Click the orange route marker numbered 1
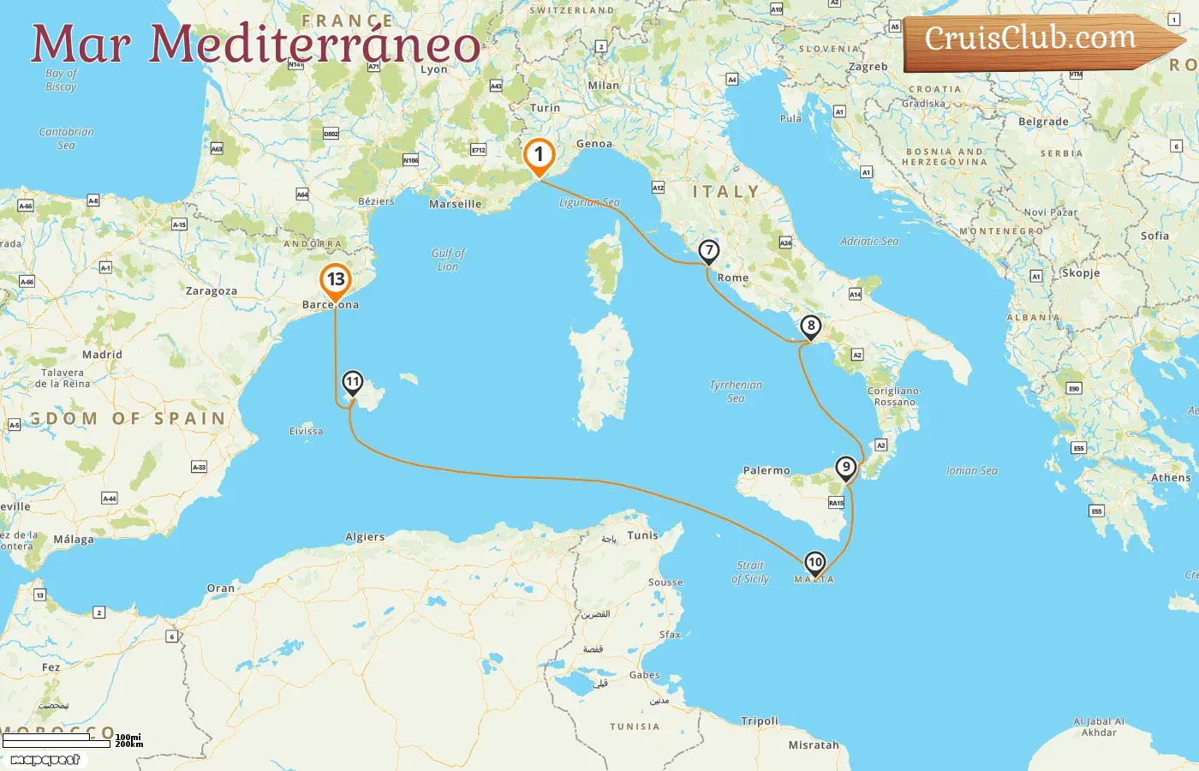[x=539, y=155]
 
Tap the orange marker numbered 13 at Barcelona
[x=335, y=280]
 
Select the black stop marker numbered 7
[x=708, y=251]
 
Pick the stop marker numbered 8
[x=810, y=326]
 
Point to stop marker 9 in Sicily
[x=845, y=468]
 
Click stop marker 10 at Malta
[x=814, y=563]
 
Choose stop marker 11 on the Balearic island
[x=352, y=382]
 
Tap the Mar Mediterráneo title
[x=255, y=44]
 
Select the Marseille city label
[x=455, y=205]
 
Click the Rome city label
[x=732, y=278]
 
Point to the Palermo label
[x=767, y=470]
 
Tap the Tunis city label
[x=642, y=535]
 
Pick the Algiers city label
[x=365, y=537]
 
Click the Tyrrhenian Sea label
[x=736, y=391]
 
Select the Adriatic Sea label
[x=869, y=242]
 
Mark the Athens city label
[x=1171, y=478]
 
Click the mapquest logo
[x=45, y=760]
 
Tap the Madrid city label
[x=102, y=355]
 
